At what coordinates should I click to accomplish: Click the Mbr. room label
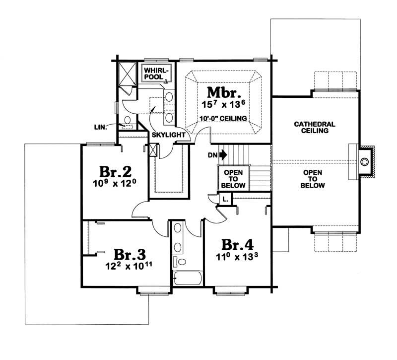(224, 92)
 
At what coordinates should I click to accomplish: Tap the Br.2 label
(116, 171)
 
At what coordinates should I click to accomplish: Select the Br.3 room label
(130, 254)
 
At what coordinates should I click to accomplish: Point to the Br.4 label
(237, 244)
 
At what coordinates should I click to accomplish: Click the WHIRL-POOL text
(154, 73)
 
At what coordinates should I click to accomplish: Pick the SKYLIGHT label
(168, 135)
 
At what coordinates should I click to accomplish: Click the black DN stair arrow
(223, 155)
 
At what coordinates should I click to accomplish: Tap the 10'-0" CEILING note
(223, 118)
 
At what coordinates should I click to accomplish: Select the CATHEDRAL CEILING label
(315, 128)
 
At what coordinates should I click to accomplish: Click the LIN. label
(100, 127)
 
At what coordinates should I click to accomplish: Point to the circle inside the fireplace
(364, 161)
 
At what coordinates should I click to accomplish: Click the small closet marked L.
(225, 199)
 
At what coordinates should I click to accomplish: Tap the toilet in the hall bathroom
(180, 262)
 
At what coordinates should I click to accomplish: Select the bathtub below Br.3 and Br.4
(188, 278)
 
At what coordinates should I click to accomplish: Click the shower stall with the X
(128, 73)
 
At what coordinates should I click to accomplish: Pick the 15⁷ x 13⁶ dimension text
(224, 104)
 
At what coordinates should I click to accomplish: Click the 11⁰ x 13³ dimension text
(237, 257)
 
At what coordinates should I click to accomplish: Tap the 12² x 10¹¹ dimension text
(129, 266)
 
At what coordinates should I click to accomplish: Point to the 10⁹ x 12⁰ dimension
(116, 183)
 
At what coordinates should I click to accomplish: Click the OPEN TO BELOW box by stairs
(233, 179)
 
